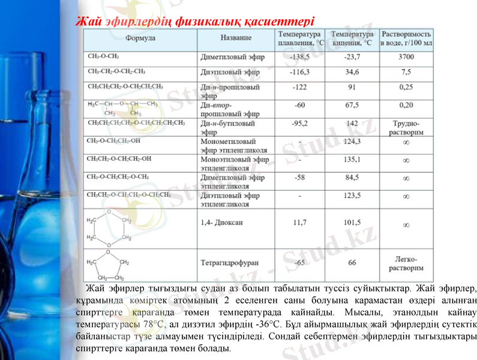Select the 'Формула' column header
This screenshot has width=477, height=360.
pos(140,38)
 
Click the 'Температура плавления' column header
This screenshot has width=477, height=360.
pos(299,38)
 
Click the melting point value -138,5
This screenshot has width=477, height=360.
pos(299,58)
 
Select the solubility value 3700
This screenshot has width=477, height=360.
pos(406,58)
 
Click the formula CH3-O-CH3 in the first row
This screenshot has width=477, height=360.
pos(103,58)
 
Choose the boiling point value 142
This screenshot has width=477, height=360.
pos(352,124)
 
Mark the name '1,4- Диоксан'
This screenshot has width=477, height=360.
pos(221,222)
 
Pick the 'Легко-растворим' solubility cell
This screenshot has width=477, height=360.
pos(406,263)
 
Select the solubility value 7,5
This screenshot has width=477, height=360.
pos(406,72)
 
